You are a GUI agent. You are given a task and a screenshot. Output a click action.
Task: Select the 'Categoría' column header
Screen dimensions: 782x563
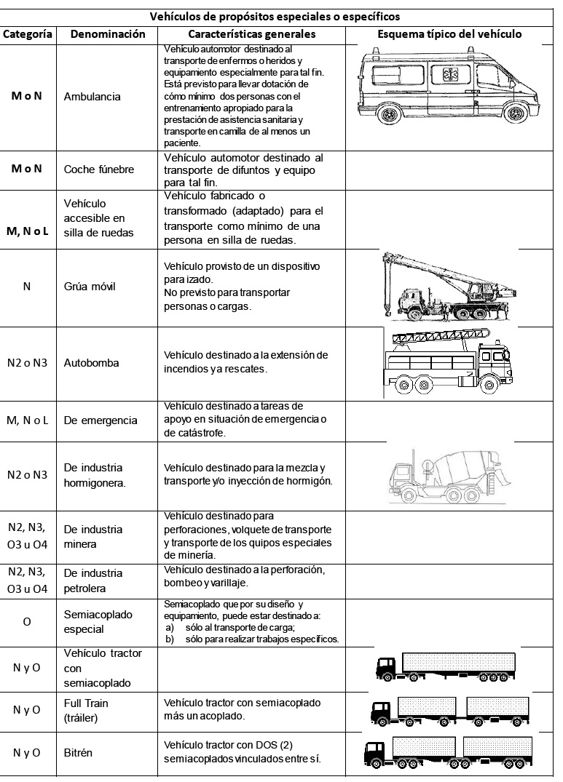tap(27, 34)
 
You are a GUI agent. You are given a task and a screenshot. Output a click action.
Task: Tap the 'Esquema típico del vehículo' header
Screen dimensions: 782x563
tap(449, 34)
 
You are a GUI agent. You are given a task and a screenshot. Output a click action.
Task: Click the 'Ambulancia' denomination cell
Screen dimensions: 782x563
tap(92, 97)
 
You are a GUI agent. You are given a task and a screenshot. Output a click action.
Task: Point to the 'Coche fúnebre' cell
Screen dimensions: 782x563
tap(99, 169)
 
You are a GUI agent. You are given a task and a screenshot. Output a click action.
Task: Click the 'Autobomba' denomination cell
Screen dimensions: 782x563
tap(91, 362)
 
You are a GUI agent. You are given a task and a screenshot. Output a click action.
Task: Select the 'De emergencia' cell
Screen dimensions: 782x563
tap(101, 420)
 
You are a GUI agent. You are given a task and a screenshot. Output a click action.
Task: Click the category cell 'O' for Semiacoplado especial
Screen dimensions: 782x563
tap(27, 622)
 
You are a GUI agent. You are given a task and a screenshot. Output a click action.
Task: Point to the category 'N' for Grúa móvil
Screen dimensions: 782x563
tap(27, 286)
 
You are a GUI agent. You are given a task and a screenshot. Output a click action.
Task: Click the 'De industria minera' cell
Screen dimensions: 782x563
tap(93, 536)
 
